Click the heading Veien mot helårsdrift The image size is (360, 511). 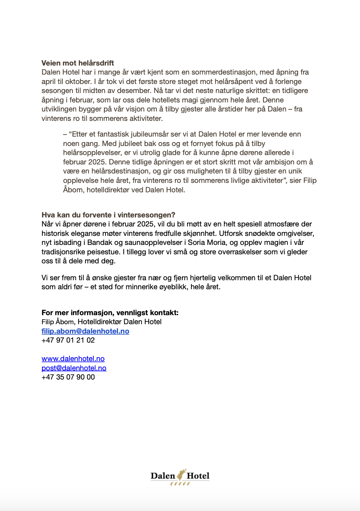point(78,63)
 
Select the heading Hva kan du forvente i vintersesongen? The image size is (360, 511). point(108,215)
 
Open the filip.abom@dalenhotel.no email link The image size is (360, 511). point(85,331)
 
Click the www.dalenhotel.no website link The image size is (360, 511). point(73,359)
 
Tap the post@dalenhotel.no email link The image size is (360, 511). point(74,368)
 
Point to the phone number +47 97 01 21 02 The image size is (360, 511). point(68,340)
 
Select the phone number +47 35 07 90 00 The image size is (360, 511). point(68,377)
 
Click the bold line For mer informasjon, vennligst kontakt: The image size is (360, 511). point(110,313)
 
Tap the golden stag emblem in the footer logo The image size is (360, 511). point(181,475)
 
